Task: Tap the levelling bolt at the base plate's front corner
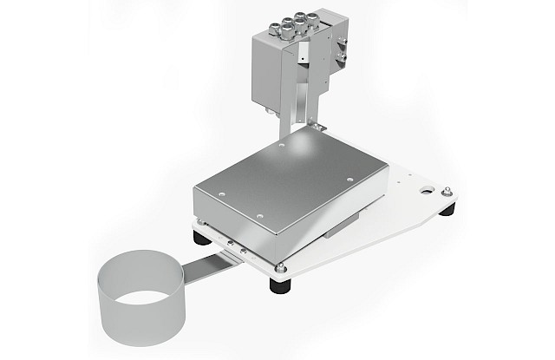coord(281,265)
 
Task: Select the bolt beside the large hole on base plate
coord(445,192)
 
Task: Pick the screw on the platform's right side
coord(350,181)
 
